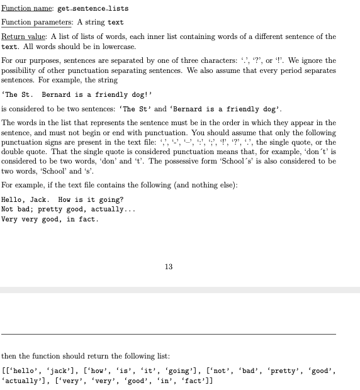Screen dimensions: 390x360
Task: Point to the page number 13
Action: click(x=168, y=267)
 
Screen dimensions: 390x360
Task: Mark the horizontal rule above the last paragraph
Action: click(x=168, y=334)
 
